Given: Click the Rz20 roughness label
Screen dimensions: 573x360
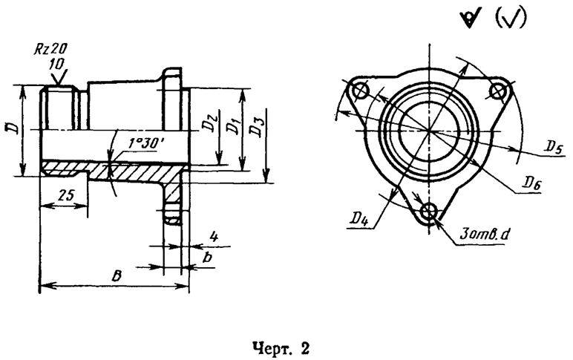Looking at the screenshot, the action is coord(50,48).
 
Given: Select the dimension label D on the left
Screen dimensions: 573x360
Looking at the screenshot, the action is coord(10,128).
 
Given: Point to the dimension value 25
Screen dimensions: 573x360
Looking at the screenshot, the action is coord(66,195).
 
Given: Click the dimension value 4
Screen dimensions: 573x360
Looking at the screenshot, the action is coord(215,237).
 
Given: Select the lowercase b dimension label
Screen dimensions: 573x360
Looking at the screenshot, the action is coord(207,258).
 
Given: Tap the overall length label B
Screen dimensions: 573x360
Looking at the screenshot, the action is coord(117,276).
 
